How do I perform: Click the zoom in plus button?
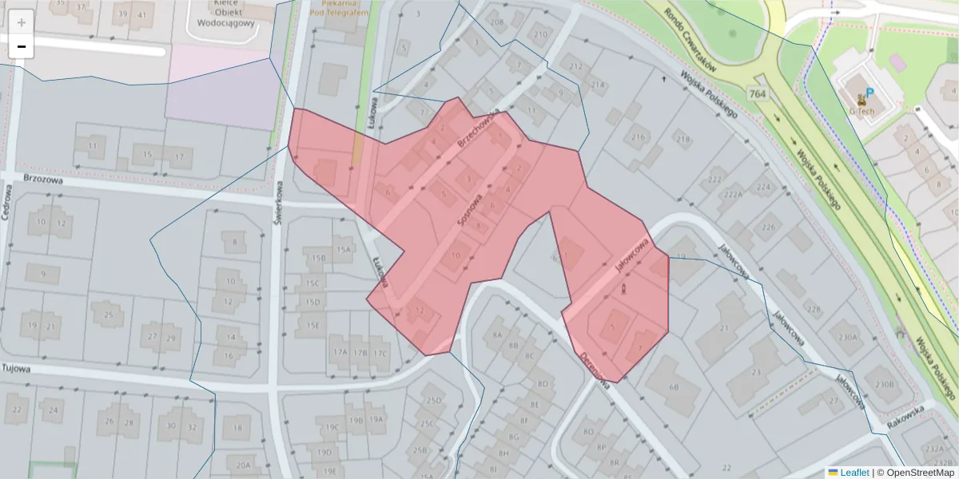[22, 22]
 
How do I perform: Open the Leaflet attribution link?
[854, 473]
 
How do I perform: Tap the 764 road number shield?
[758, 94]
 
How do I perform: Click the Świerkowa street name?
[279, 208]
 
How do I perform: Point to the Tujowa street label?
[16, 368]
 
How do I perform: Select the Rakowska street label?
[905, 416]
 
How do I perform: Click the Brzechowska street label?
[479, 129]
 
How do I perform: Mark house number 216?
[638, 137]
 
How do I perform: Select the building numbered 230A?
[847, 337]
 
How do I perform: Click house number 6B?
[673, 387]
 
